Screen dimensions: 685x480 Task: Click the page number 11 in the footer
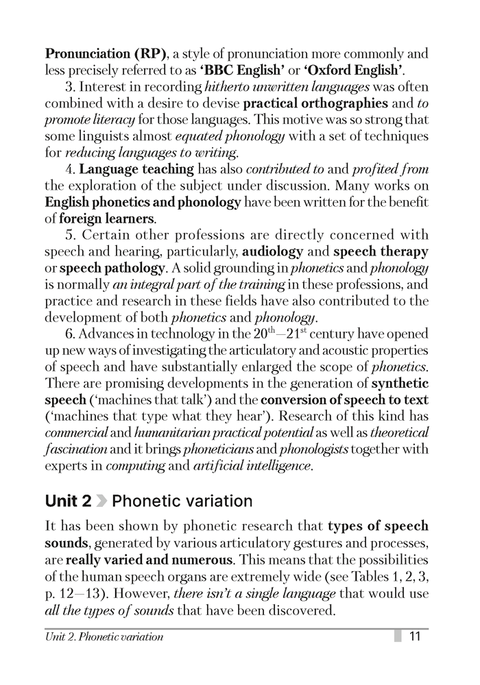tap(414, 636)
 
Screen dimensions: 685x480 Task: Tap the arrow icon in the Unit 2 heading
tap(101, 501)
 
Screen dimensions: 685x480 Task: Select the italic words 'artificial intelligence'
tap(252, 467)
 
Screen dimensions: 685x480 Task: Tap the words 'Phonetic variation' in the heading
tap(182, 501)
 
